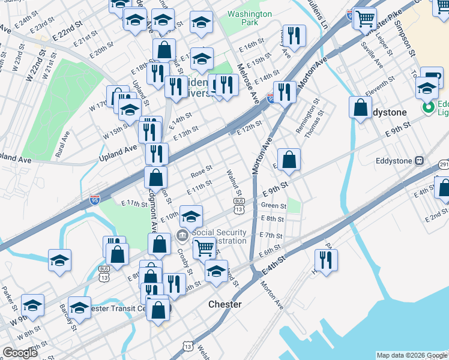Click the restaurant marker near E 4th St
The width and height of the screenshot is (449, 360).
[x=326, y=260]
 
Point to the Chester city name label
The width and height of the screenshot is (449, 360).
[x=224, y=304]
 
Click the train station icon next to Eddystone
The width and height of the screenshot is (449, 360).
[x=419, y=160]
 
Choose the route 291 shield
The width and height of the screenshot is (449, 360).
[x=444, y=164]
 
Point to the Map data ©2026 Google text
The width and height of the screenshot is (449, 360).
[x=411, y=355]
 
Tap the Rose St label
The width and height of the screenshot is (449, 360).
[x=201, y=171]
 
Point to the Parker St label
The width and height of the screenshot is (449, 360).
[x=8, y=295]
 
